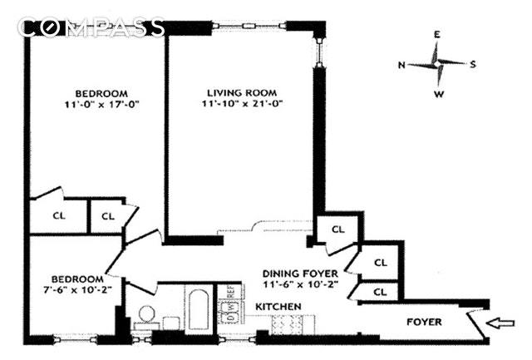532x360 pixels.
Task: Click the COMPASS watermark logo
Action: coord(91,27)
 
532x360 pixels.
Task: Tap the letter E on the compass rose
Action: coord(436,36)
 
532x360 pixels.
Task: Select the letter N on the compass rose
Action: coord(401,64)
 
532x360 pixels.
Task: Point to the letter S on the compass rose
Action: coord(472,64)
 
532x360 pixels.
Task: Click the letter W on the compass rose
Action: coord(438,94)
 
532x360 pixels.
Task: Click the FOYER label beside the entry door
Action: coord(424,322)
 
